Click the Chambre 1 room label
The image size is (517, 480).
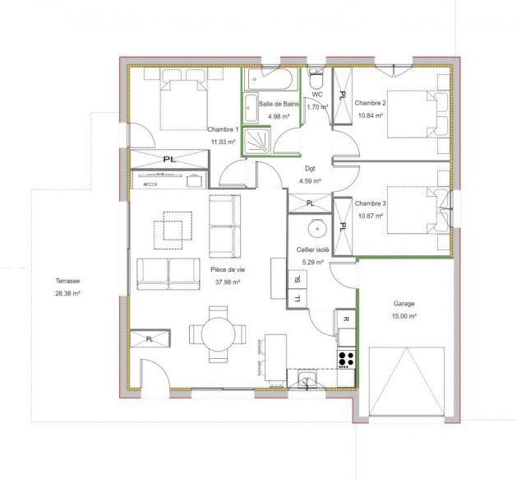point(223,130)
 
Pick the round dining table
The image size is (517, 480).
point(218,333)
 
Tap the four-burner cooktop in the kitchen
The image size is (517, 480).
point(346,359)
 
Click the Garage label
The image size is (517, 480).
point(404,303)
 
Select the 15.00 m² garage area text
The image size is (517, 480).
point(404,316)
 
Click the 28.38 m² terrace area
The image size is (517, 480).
point(67,293)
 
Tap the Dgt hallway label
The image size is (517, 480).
point(310,169)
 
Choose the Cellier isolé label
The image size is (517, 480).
point(313,250)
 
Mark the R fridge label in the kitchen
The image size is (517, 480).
point(345,319)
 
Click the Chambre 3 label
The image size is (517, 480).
point(370,203)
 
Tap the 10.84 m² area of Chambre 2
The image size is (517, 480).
point(371,115)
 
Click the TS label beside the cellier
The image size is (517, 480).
point(295,281)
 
